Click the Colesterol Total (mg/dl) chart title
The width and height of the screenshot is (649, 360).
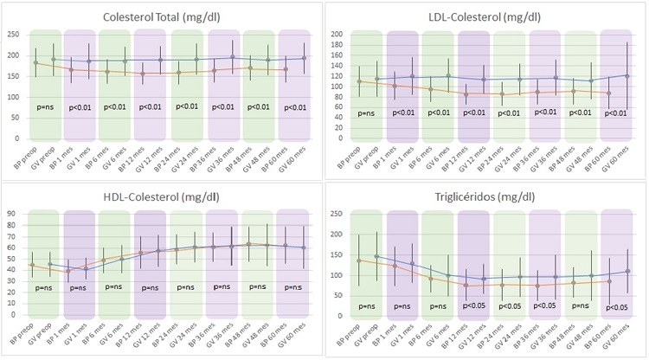pyautogui.click(x=160, y=16)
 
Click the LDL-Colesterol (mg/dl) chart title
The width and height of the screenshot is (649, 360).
pyautogui.click(x=487, y=16)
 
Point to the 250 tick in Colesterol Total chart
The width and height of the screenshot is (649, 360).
pyautogui.click(x=15, y=35)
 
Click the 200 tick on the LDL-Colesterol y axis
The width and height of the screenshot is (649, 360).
pyautogui.click(x=337, y=35)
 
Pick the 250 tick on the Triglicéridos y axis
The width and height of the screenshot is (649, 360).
pyautogui.click(x=337, y=213)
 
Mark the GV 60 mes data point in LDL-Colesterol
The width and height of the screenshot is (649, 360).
pyautogui.click(x=627, y=76)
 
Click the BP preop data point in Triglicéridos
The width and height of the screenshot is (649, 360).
pyautogui.click(x=357, y=260)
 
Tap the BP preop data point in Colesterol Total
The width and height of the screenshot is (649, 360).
pyautogui.click(x=35, y=62)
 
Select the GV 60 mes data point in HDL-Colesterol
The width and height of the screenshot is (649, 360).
pyautogui.click(x=303, y=247)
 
